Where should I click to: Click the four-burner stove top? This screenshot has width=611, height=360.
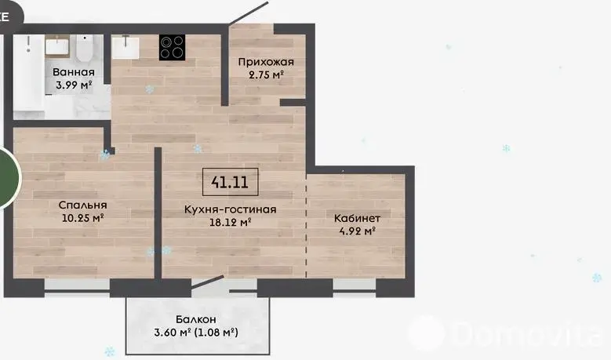[x=172, y=48]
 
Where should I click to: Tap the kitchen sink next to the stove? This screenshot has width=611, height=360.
[x=125, y=48]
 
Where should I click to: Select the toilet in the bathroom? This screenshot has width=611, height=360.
[x=84, y=48]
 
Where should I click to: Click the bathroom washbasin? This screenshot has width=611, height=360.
[x=57, y=47]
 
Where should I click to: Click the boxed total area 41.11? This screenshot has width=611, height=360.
[x=231, y=182]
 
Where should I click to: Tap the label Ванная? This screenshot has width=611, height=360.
[x=74, y=72]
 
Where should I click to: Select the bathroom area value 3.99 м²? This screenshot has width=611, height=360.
[x=74, y=85]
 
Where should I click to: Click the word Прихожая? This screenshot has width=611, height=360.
[x=266, y=62]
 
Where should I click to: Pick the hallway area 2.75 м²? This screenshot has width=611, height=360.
[x=266, y=75]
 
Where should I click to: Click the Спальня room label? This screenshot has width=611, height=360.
[x=82, y=205]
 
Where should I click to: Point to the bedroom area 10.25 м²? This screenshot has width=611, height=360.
[x=82, y=218]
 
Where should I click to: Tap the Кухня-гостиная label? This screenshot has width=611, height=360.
[x=231, y=209]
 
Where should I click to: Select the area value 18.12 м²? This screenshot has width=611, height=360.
[x=231, y=223]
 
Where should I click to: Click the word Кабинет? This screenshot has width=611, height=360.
[x=357, y=219]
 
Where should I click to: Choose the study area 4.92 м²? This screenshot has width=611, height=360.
[x=357, y=231]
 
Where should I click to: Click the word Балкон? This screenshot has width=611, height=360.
[x=195, y=319]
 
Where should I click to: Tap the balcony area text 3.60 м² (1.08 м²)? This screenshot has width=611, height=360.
[x=196, y=333]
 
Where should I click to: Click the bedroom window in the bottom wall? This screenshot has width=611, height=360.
[x=77, y=288]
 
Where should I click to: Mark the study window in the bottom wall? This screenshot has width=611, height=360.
[x=355, y=288]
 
